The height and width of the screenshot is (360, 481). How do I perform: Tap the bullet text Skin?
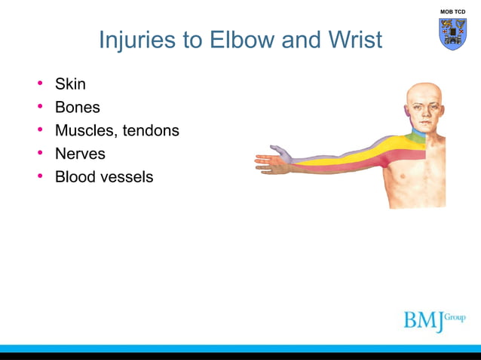[x=70, y=84]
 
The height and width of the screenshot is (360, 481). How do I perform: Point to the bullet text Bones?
[x=77, y=107]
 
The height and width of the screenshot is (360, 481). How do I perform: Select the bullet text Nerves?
[x=80, y=154]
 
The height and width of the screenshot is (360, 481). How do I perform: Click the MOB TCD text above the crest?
[x=452, y=12]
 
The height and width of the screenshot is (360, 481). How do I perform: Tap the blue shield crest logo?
[x=452, y=34]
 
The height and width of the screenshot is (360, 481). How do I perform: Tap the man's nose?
[x=424, y=112]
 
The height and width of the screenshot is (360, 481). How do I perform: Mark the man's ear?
[x=408, y=114]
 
